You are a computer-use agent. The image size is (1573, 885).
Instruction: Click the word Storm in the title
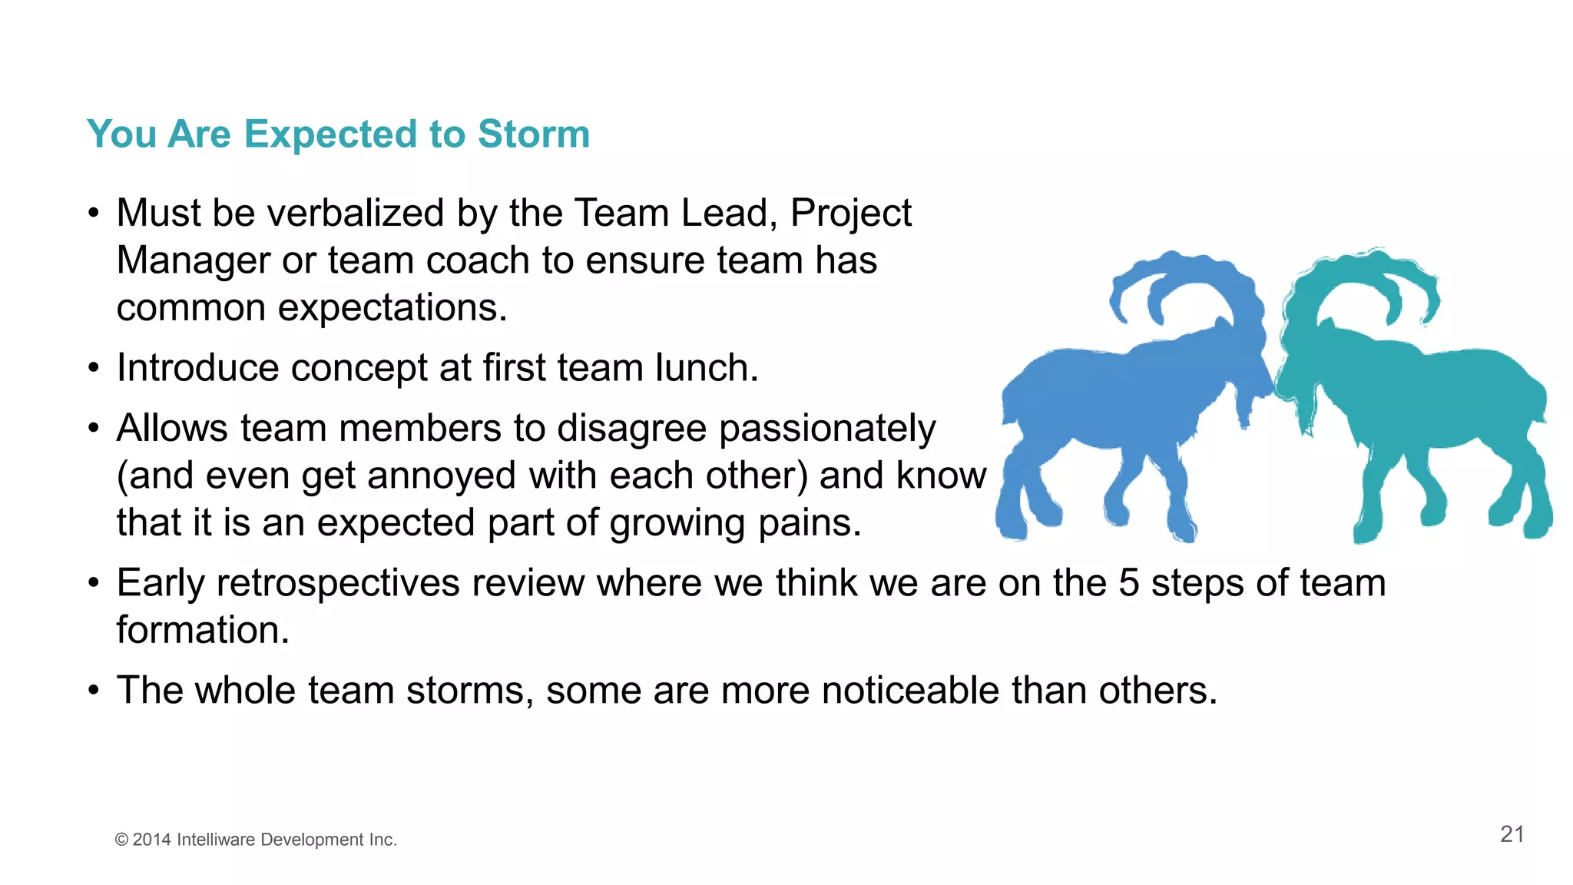tap(533, 134)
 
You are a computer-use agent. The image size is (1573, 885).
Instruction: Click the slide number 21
tap(1512, 834)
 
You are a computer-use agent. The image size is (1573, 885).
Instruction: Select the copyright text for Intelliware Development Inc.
tap(256, 840)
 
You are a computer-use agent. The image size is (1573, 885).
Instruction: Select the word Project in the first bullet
tap(850, 213)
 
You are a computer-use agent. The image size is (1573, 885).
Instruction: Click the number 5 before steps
tap(1128, 583)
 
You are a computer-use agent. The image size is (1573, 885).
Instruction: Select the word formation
tap(203, 631)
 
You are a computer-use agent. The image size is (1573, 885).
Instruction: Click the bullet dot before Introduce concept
tap(93, 368)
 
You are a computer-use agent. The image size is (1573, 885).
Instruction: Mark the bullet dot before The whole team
tap(93, 691)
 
